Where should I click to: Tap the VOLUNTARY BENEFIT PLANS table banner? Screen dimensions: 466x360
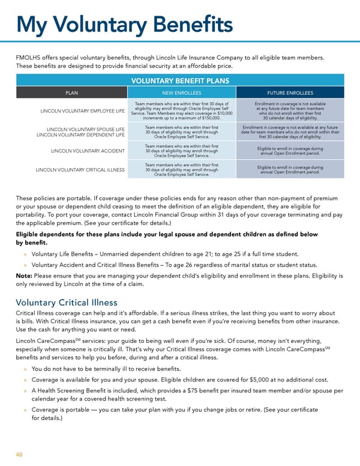click(180, 79)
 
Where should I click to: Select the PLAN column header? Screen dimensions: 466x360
click(71, 93)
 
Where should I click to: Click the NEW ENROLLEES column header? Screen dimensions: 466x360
click(182, 93)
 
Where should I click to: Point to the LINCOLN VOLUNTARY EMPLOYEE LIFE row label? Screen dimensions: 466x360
click(82, 111)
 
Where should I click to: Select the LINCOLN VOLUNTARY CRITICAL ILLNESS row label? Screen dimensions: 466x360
click(80, 169)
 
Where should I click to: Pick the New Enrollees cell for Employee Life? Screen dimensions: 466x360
click(182, 111)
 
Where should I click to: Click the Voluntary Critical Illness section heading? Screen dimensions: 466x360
click(66, 303)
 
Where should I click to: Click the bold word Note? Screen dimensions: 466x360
click(24, 276)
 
